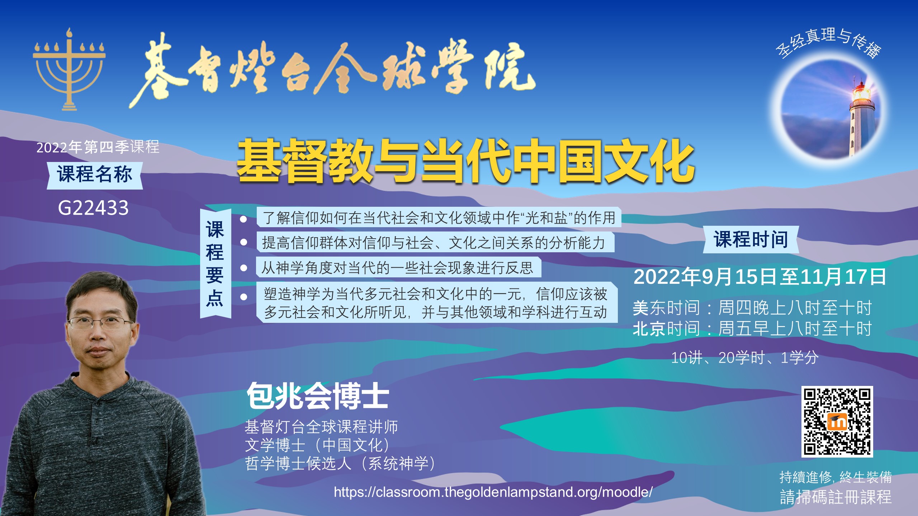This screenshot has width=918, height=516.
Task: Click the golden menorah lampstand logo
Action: [x=69, y=70]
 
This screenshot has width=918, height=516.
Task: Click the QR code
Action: [x=837, y=421]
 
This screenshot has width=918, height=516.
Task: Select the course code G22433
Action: [x=93, y=208]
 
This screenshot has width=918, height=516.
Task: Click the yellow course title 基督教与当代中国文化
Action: [x=465, y=161]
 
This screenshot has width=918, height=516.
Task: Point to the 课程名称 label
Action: [x=95, y=175]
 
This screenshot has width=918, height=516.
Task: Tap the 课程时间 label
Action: [x=751, y=239]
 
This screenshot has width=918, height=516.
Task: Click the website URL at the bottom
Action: [x=493, y=492]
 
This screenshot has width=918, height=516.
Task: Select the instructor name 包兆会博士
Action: [x=318, y=396]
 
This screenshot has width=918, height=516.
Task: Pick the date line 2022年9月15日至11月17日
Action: [x=760, y=277]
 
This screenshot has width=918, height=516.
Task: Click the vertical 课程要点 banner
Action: [x=215, y=263]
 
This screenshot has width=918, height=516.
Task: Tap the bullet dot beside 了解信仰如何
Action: [x=243, y=219]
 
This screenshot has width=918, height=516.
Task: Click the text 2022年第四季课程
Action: [x=98, y=147]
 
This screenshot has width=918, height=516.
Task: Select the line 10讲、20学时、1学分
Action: [x=745, y=358]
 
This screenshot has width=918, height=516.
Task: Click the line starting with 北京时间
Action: [x=752, y=328]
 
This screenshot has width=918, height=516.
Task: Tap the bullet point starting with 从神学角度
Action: [x=398, y=267]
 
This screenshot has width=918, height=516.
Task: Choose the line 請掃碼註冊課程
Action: [x=836, y=497]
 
